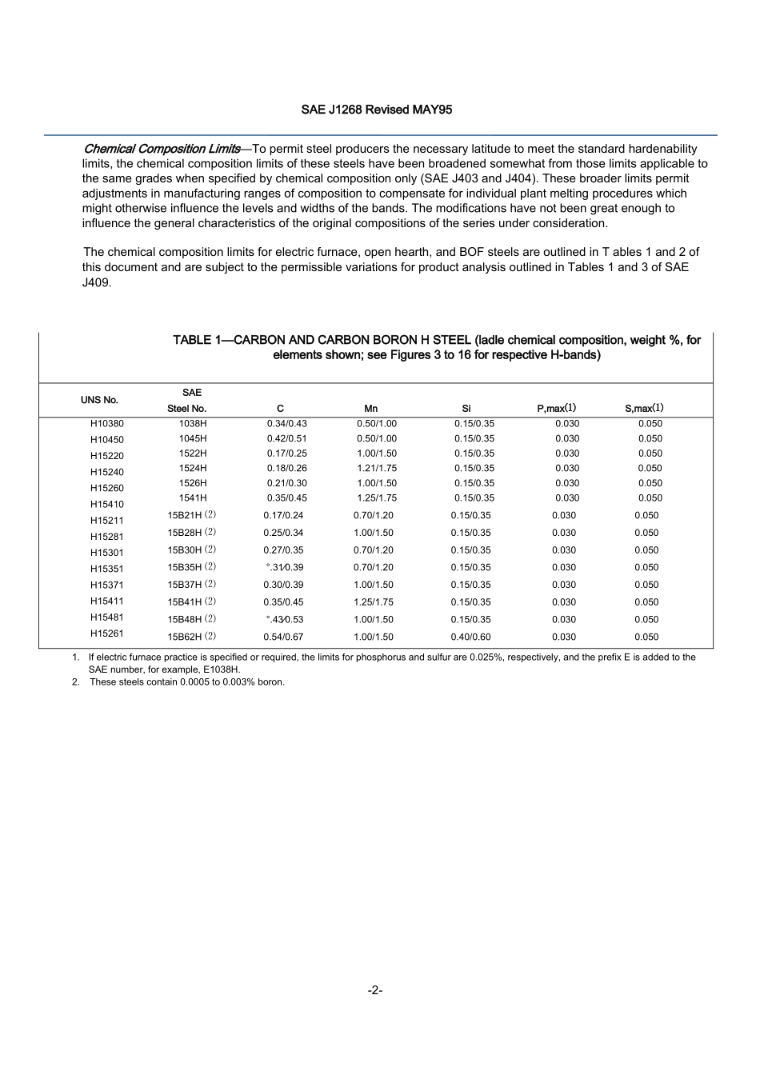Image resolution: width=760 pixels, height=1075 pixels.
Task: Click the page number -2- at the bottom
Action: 375,990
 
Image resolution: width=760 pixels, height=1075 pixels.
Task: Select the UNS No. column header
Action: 99,400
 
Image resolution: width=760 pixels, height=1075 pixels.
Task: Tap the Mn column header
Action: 370,409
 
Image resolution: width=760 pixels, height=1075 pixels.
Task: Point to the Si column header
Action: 466,409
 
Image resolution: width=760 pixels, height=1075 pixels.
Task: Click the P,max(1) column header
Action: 556,409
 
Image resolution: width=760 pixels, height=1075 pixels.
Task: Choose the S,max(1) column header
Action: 644,409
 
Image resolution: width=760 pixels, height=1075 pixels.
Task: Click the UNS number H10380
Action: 107,424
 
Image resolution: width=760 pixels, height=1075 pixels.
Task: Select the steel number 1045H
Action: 193,439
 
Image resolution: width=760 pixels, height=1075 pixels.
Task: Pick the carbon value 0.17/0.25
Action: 286,454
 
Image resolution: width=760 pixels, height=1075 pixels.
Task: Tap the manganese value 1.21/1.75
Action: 376,469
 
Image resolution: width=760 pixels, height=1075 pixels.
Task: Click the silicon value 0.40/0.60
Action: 470,637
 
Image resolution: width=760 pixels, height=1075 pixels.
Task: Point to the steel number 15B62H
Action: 185,637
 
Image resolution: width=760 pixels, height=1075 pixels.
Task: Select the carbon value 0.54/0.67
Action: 283,637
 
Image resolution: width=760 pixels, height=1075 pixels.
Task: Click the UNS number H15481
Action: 107,617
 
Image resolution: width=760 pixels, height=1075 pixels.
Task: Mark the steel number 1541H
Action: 193,498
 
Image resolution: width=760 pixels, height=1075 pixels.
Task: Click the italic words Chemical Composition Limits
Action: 162,149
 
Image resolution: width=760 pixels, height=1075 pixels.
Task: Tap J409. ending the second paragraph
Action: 97,282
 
